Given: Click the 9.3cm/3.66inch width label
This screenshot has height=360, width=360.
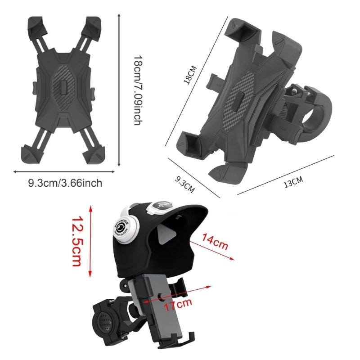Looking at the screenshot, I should [65, 183].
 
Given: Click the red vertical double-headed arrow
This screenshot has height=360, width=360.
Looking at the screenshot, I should [91, 241].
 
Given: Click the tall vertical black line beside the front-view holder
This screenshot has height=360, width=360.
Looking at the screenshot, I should [119, 90].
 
